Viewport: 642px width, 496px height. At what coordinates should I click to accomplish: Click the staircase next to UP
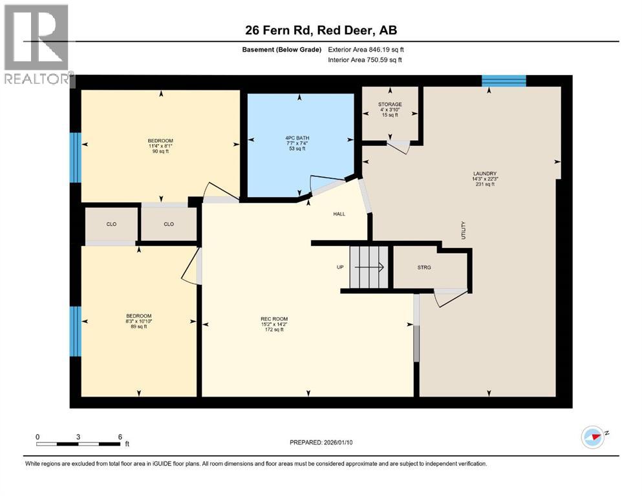tap(369, 267)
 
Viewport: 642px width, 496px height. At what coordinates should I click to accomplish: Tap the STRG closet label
tap(424, 267)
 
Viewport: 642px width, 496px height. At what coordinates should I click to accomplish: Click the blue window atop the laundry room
tap(504, 81)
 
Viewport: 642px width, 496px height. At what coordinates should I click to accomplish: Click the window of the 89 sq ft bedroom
tap(76, 331)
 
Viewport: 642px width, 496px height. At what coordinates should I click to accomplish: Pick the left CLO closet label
tap(111, 225)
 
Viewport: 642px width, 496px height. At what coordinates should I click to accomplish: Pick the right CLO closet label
tap(169, 225)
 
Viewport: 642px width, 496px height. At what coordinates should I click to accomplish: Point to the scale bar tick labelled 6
tap(120, 437)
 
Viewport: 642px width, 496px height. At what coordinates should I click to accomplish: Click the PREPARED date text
tap(321, 442)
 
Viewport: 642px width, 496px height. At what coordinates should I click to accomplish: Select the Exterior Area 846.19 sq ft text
tap(366, 50)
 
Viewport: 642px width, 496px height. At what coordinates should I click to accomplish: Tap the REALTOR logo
tap(37, 45)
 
